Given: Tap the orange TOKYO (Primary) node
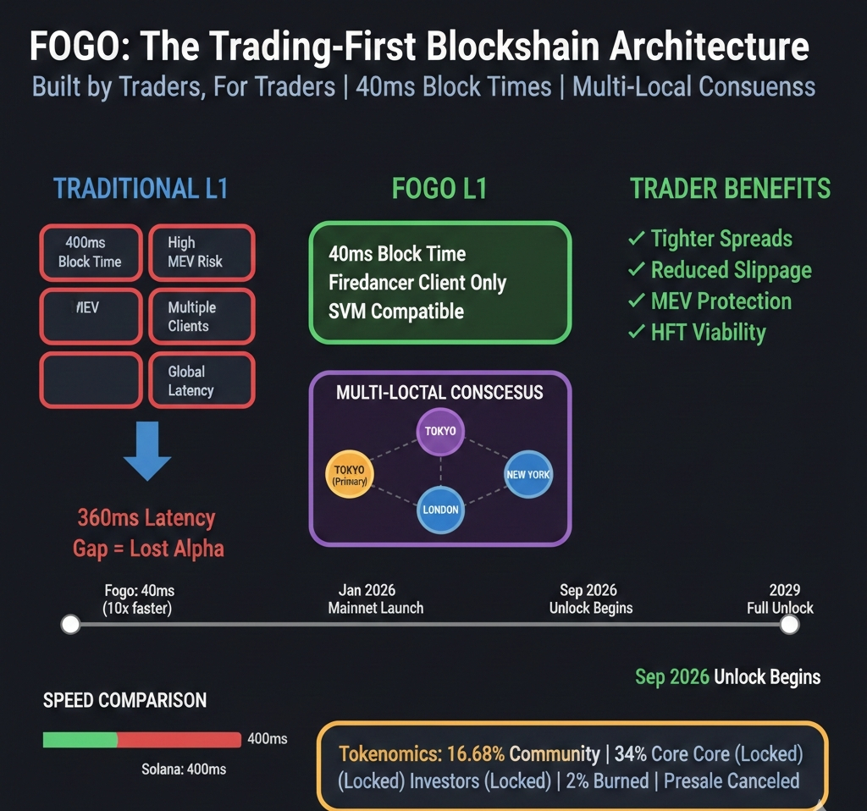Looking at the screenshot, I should (x=349, y=475).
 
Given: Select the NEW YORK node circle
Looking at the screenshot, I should (x=527, y=474).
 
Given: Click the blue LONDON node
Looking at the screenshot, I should (x=440, y=510).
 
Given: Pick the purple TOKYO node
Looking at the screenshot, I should (x=440, y=431).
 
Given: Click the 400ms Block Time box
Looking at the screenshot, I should (x=90, y=252).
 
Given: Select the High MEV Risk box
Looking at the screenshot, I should (x=201, y=252).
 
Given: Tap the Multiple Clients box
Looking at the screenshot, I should (x=201, y=317).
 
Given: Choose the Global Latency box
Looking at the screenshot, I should (x=201, y=380).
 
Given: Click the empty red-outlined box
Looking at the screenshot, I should (x=90, y=380).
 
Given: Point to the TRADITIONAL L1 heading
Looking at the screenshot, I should (x=141, y=188).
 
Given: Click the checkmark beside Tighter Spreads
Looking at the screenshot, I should (x=636, y=239).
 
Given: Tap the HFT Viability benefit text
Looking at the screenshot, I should (x=708, y=332).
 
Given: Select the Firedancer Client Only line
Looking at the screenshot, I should (x=417, y=282).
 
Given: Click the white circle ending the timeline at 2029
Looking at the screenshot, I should (x=789, y=625).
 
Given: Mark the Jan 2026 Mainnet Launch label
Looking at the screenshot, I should (x=375, y=599).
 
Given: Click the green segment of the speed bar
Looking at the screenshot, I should (x=80, y=739).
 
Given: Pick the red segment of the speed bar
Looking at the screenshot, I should (x=179, y=739).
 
